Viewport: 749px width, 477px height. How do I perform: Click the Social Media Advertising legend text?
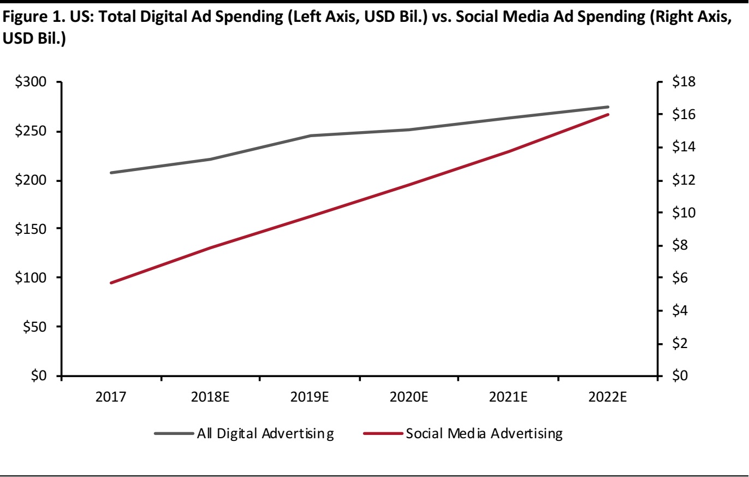[483, 434]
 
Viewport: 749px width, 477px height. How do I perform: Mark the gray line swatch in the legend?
[174, 434]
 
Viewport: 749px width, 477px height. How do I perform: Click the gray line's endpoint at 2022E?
[608, 107]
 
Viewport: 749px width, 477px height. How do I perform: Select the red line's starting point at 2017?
[111, 282]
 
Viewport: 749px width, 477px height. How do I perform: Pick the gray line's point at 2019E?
[310, 136]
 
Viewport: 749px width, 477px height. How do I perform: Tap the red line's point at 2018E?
[211, 248]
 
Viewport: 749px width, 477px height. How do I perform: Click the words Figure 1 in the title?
[27, 19]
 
